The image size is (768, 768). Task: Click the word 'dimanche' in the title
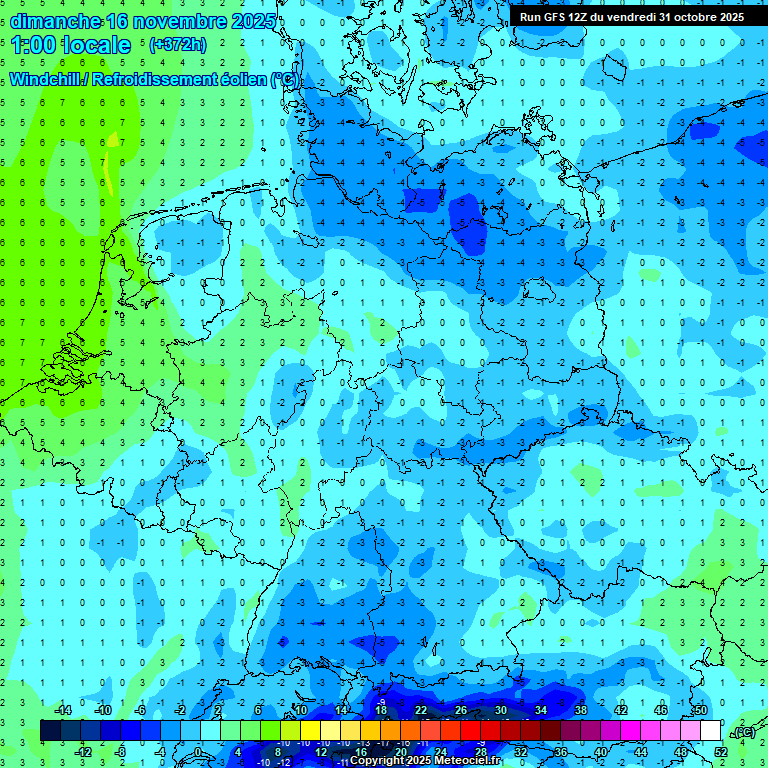pyautogui.click(x=56, y=21)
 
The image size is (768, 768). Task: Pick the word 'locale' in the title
pyautogui.click(x=96, y=45)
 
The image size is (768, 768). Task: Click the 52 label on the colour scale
pyautogui.click(x=721, y=752)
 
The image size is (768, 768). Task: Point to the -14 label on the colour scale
pyautogui.click(x=62, y=710)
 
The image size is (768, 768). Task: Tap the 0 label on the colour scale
pyautogui.click(x=198, y=752)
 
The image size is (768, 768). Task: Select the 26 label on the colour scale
pyautogui.click(x=461, y=710)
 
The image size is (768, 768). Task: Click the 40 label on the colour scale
pyautogui.click(x=601, y=752)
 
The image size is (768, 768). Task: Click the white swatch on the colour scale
pyautogui.click(x=711, y=731)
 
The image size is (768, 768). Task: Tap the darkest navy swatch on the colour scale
pyautogui.click(x=50, y=731)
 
